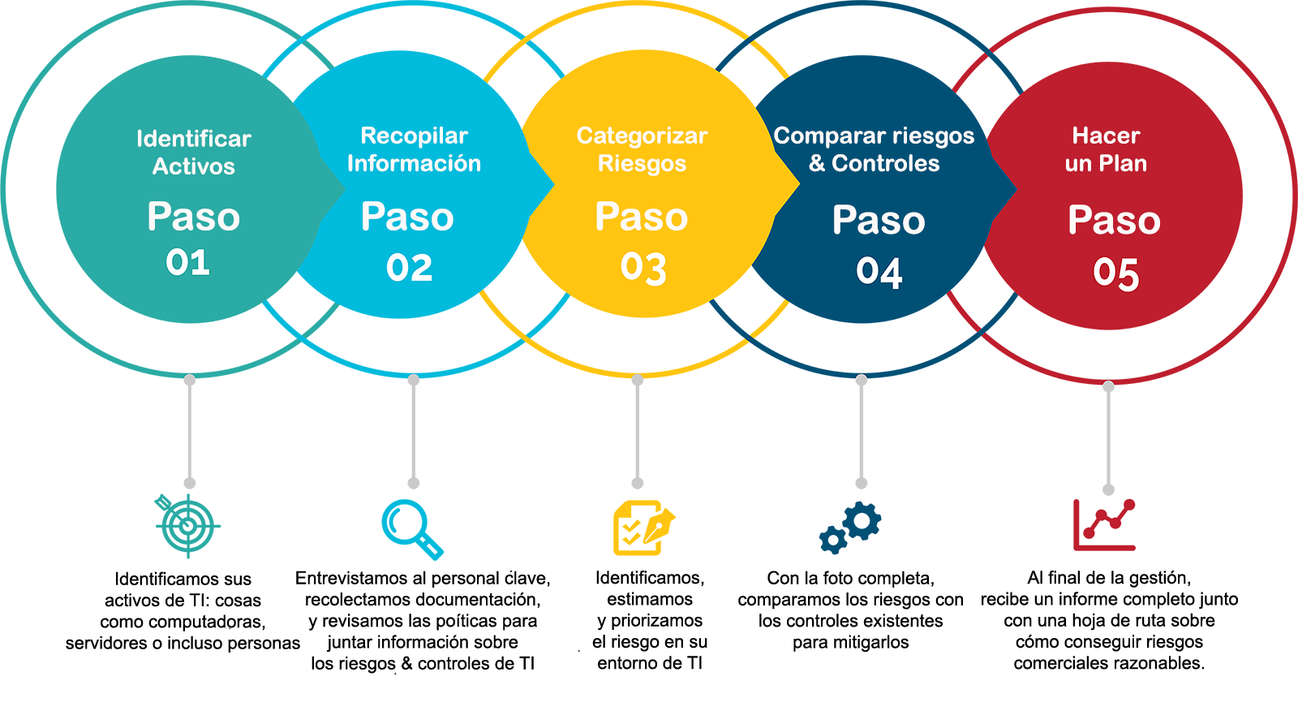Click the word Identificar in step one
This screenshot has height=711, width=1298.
[x=193, y=139]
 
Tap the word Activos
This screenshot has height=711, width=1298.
[x=193, y=166]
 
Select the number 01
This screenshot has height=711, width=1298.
[x=187, y=262]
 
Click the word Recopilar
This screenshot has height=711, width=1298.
[x=414, y=136]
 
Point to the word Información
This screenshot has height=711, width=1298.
[x=414, y=163]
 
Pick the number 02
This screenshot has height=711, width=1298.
[x=409, y=268]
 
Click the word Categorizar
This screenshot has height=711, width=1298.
[x=642, y=136]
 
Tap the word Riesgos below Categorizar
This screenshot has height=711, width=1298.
[x=642, y=164]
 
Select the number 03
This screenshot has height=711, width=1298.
[x=643, y=268]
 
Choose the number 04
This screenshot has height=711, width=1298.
[x=879, y=273]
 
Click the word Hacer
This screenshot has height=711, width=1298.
[x=1106, y=136]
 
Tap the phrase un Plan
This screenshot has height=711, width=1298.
[x=1106, y=163]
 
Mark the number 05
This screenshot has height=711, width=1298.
[x=1115, y=274]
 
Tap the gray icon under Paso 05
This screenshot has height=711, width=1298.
[x=1108, y=443]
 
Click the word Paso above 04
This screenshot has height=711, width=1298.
[x=879, y=221]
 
